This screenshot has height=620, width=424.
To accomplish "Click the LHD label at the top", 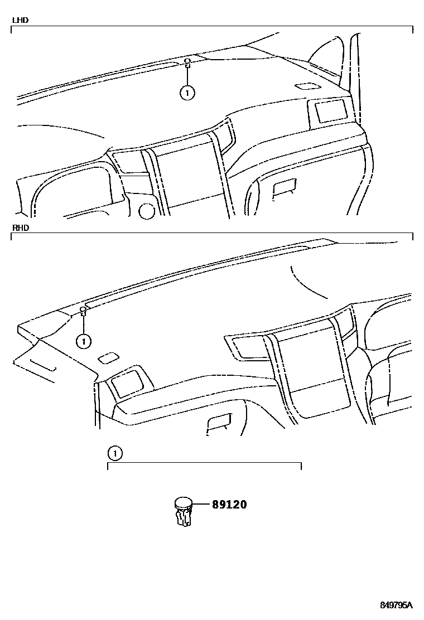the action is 21,20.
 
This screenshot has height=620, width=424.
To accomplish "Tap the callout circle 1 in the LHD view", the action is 187,93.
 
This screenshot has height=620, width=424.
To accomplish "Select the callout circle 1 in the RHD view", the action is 83,340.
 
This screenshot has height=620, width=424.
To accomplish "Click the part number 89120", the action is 229,505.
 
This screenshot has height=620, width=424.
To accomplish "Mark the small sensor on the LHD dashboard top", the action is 188,62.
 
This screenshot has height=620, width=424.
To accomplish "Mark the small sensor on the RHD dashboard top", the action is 83,310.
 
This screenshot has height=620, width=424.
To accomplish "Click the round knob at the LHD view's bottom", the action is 146,210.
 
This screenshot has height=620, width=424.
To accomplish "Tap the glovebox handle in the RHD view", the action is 220,423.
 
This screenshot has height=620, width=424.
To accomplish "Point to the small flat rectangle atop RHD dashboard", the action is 108,357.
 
